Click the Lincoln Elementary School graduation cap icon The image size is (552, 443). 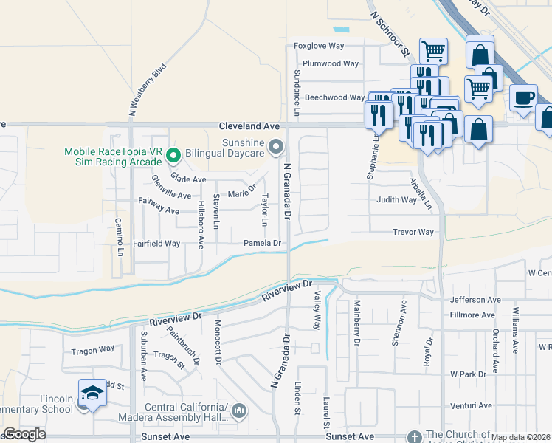[x=92, y=394]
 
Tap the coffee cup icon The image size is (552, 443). [x=523, y=98]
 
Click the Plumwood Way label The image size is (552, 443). [x=331, y=63]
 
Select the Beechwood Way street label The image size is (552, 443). [x=335, y=97]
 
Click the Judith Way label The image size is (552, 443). [x=397, y=199]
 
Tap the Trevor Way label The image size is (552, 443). [x=413, y=232]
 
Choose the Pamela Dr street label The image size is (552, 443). [x=263, y=243]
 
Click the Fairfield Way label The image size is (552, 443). [x=156, y=243]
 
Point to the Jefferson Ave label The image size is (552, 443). [x=475, y=300]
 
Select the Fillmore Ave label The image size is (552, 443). [x=472, y=315]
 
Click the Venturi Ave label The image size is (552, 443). [x=471, y=405]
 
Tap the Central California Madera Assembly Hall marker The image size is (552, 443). [x=239, y=411]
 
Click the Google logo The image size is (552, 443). [x=24, y=434]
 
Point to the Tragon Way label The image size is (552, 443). [x=93, y=350]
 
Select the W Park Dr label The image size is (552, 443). [x=468, y=374]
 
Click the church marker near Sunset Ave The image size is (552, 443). [x=414, y=437]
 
